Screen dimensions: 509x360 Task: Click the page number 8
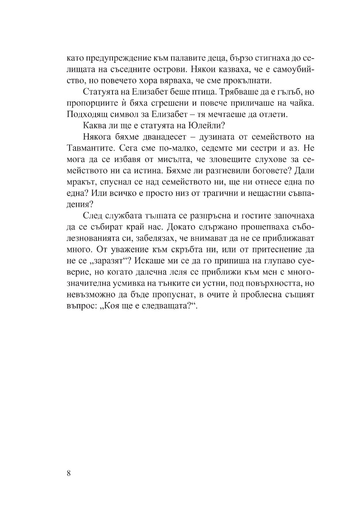coord(69,474)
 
